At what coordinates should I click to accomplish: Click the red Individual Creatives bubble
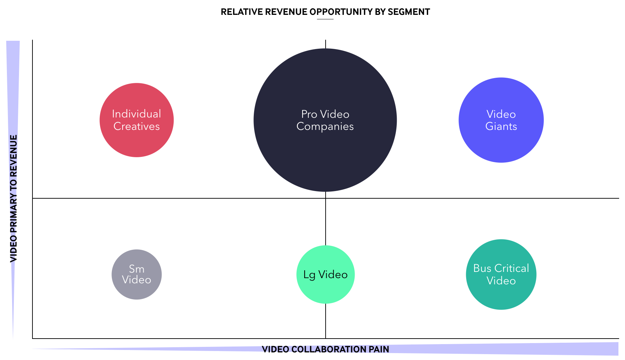[x=137, y=120]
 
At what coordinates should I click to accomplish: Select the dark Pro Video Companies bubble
[x=325, y=120]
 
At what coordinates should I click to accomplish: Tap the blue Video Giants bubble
[x=501, y=120]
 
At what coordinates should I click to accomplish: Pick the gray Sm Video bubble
[x=137, y=275]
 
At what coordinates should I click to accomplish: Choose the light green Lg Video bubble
[x=326, y=275]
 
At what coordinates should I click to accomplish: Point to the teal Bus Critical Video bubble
[x=501, y=275]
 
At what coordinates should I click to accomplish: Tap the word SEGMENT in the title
[x=409, y=12]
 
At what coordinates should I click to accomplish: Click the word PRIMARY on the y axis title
[x=13, y=216]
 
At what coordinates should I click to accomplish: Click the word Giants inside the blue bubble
[x=501, y=126]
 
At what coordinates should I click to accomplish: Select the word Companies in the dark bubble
[x=325, y=126]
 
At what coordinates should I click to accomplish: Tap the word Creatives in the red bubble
[x=137, y=126]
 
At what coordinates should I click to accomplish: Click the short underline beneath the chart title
[x=325, y=19]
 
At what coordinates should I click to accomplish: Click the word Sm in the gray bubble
[x=137, y=269]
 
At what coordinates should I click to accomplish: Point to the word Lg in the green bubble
[x=309, y=275]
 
